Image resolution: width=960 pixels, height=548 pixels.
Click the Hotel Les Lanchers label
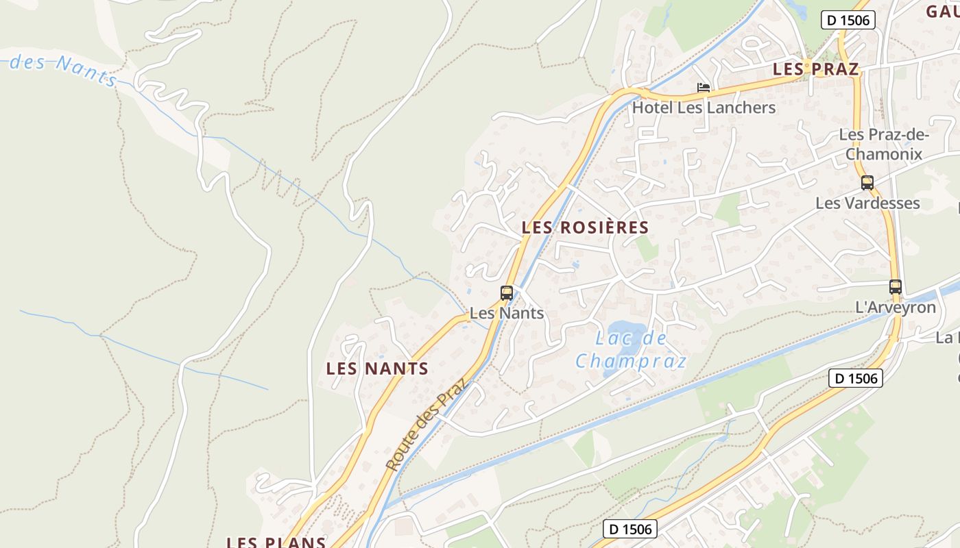pyautogui.click(x=704, y=108)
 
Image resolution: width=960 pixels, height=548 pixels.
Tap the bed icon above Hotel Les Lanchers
pyautogui.click(x=704, y=88)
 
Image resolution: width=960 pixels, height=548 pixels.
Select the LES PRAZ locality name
pyautogui.click(x=815, y=69)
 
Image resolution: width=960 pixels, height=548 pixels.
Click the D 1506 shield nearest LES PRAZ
pyautogui.click(x=848, y=20)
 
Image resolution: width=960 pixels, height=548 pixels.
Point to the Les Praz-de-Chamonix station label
pyautogui.click(x=883, y=145)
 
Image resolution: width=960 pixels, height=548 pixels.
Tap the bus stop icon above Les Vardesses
pyautogui.click(x=867, y=183)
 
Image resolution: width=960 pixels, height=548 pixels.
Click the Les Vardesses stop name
pyautogui.click(x=867, y=203)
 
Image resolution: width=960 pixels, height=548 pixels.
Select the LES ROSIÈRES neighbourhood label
pyautogui.click(x=585, y=227)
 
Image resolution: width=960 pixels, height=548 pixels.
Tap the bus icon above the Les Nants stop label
pyautogui.click(x=507, y=293)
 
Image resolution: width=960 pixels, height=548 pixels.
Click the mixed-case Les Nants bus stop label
pyautogui.click(x=507, y=314)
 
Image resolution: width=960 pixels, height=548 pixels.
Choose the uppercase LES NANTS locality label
pyautogui.click(x=377, y=369)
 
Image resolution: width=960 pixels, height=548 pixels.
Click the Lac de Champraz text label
pyautogui.click(x=631, y=349)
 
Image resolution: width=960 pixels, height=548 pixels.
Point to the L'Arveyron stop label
pyautogui.click(x=896, y=308)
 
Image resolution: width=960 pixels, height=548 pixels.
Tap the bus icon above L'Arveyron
pyautogui.click(x=895, y=287)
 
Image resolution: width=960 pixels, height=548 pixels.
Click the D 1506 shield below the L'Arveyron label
pyautogui.click(x=855, y=377)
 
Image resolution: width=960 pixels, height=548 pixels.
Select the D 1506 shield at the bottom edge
pyautogui.click(x=631, y=529)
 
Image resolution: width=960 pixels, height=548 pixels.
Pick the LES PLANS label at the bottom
pyautogui.click(x=276, y=542)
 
